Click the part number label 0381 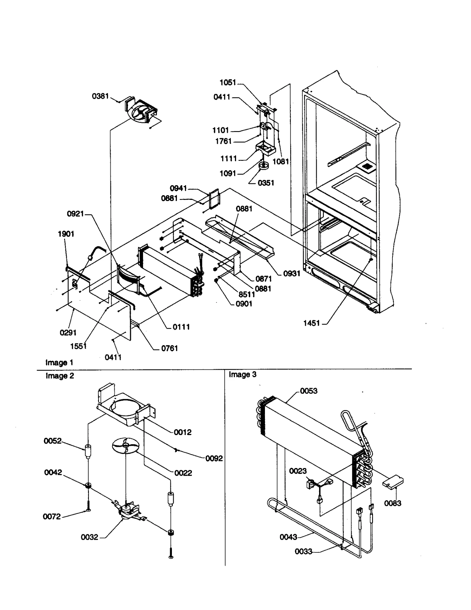coord(100,96)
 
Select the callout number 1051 coord(228,83)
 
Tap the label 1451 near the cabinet coord(311,323)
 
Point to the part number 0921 coord(75,214)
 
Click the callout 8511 coord(247,294)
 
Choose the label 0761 coord(170,348)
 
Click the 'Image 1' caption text coord(59,363)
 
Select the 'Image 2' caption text coord(60,376)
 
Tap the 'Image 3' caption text coord(243,375)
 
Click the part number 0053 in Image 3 coord(309,391)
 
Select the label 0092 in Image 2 coord(214,458)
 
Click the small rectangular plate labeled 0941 coord(214,199)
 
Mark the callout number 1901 coord(66,234)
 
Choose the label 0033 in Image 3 coord(304,551)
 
